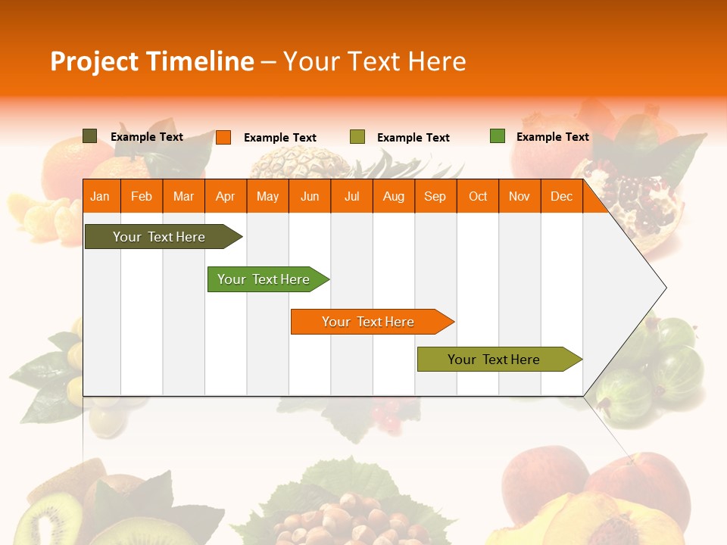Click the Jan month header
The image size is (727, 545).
[x=100, y=196]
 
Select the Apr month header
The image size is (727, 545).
[x=225, y=196]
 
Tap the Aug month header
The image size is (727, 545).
[x=393, y=196]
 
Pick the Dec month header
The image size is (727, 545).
[x=561, y=196]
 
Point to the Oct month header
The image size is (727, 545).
[x=477, y=196]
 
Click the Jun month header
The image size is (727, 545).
[x=309, y=196]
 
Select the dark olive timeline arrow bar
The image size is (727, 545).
[x=159, y=237]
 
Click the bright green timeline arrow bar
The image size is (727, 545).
[x=264, y=279]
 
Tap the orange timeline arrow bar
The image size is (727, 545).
[x=368, y=322]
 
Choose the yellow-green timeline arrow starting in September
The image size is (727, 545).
[x=494, y=360]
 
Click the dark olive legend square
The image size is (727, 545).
[x=89, y=136]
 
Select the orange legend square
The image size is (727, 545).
[x=223, y=137]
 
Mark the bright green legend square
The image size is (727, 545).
[x=497, y=136]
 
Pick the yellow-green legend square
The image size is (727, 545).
[x=357, y=137]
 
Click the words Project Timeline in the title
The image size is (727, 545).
[x=151, y=61]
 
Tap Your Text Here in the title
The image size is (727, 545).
[x=374, y=61]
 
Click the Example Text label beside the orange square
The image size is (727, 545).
[x=279, y=138]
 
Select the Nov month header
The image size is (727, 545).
[x=519, y=196]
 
